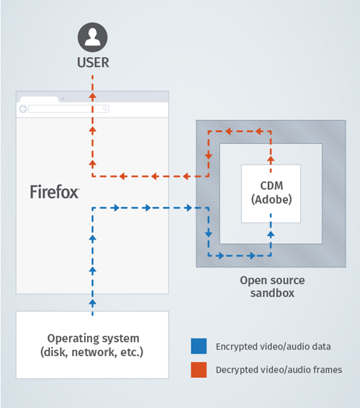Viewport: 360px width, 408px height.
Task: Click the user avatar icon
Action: [x=92, y=37]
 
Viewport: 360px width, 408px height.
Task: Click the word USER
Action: [x=93, y=63]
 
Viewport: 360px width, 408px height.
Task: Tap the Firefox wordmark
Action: [x=54, y=191]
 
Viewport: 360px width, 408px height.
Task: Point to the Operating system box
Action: [x=92, y=345]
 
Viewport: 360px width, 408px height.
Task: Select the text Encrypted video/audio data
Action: [x=273, y=347]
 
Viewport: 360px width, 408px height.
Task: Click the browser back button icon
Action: [x=24, y=109]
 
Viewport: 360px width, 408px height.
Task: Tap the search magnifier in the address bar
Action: [x=105, y=109]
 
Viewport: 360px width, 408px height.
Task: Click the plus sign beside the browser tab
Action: [x=63, y=99]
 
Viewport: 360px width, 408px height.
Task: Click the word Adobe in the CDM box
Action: [x=271, y=199]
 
